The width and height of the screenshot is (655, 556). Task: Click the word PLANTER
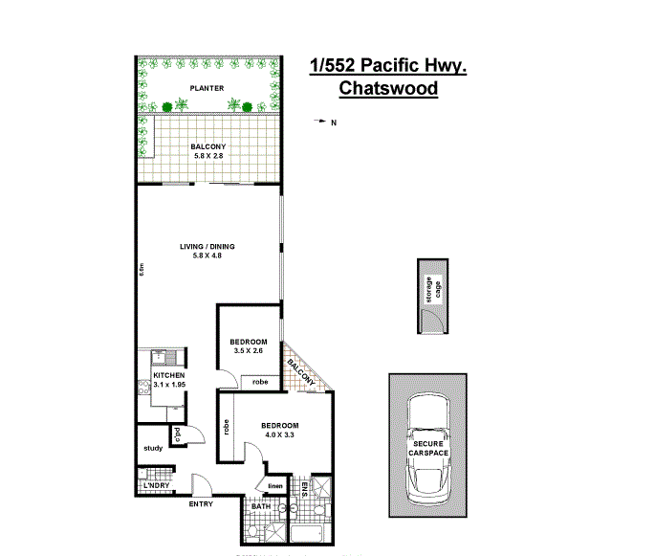click(x=207, y=88)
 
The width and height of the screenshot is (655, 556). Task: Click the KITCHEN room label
click(x=169, y=376)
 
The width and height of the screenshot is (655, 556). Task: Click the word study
click(x=153, y=448)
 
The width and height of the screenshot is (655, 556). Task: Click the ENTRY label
click(x=201, y=504)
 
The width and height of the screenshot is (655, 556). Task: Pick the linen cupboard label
click(x=275, y=486)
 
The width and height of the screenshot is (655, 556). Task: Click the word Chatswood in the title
click(x=388, y=89)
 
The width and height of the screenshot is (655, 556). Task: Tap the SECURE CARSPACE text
click(x=430, y=450)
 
